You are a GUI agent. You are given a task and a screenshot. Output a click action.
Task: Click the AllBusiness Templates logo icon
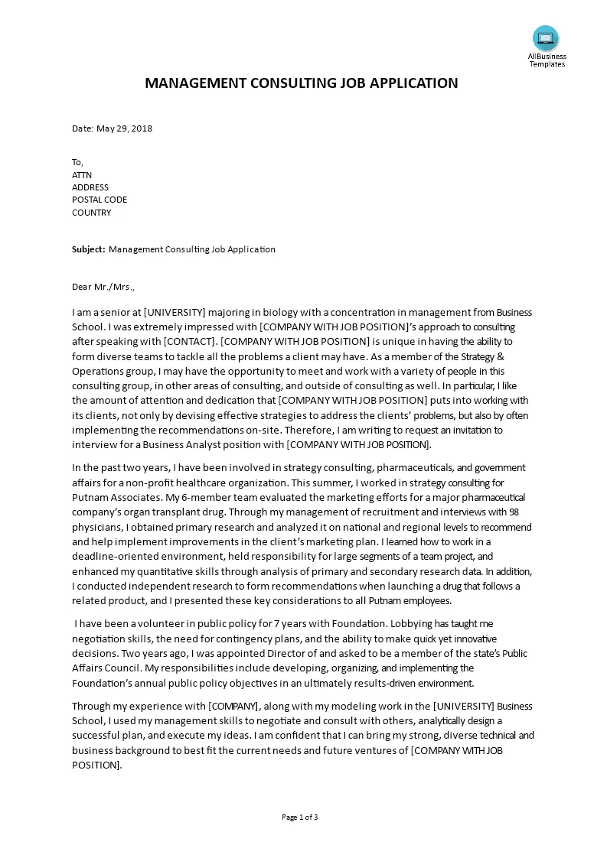pyautogui.click(x=546, y=38)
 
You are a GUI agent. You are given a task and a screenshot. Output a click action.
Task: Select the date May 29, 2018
pyautogui.click(x=124, y=128)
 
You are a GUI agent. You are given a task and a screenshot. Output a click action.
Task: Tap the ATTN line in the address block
pyautogui.click(x=82, y=174)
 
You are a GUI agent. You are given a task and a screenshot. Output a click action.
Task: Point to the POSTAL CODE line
pyautogui.click(x=100, y=200)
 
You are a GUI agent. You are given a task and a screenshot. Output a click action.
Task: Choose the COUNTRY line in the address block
pyautogui.click(x=91, y=213)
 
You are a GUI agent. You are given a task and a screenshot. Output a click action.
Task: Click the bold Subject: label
pyautogui.click(x=89, y=249)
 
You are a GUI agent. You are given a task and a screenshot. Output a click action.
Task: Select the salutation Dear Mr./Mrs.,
pyautogui.click(x=103, y=287)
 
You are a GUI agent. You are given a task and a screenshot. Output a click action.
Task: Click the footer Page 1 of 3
pyautogui.click(x=300, y=817)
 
